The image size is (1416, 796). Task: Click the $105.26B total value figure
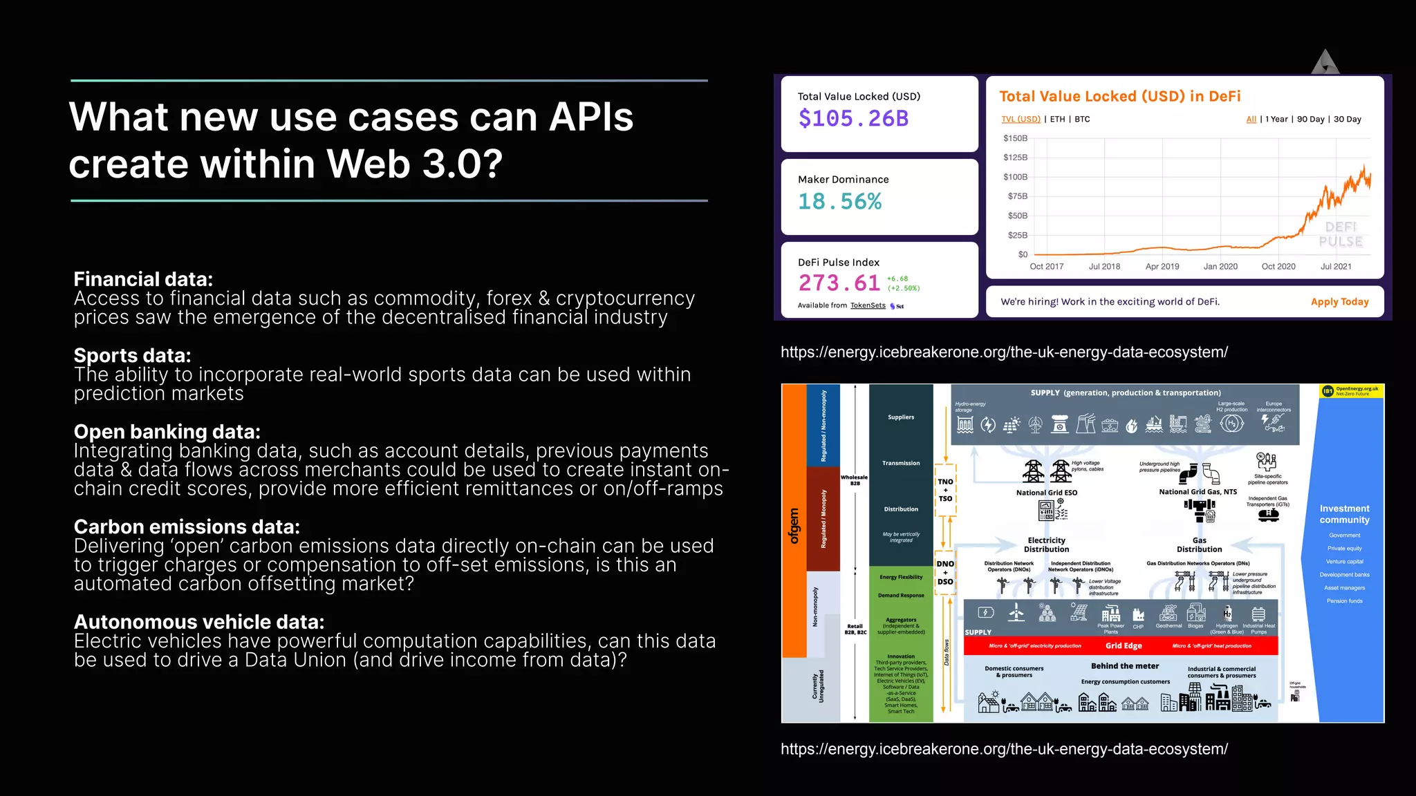click(853, 119)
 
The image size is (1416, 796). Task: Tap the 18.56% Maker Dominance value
click(839, 202)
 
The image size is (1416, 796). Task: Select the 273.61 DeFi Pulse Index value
click(839, 283)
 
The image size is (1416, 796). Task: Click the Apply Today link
click(1339, 302)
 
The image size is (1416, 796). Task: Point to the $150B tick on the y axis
click(1015, 139)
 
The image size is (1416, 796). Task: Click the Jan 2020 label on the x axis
click(1220, 267)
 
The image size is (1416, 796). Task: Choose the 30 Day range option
click(1347, 120)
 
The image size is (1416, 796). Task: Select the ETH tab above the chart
click(1057, 120)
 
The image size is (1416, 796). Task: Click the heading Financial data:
click(143, 279)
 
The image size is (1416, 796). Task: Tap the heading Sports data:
click(132, 356)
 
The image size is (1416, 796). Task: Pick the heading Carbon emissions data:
click(187, 527)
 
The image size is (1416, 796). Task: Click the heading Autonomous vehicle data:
click(199, 622)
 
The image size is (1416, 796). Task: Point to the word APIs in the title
click(590, 117)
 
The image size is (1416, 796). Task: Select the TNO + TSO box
click(945, 490)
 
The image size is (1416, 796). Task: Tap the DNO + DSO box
click(945, 573)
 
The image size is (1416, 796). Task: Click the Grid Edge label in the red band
click(1124, 646)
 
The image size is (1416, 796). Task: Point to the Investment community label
click(1344, 514)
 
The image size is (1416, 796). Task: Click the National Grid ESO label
click(1046, 493)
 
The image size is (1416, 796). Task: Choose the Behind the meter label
click(1125, 666)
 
